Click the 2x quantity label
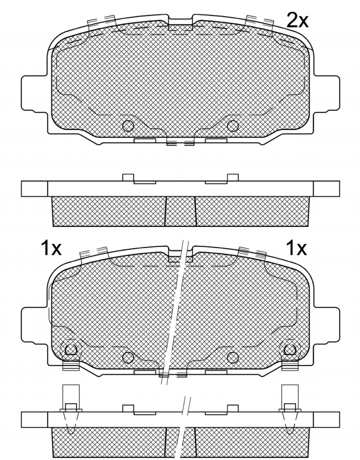(x=297, y=20)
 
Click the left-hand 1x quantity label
(x=51, y=248)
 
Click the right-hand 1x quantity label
(x=296, y=248)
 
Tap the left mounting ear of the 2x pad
(x=34, y=93)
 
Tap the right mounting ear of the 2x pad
(x=327, y=93)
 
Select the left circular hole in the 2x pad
(x=128, y=126)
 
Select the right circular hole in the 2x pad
(x=233, y=126)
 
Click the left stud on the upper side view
(x=128, y=178)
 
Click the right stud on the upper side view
(x=233, y=178)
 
